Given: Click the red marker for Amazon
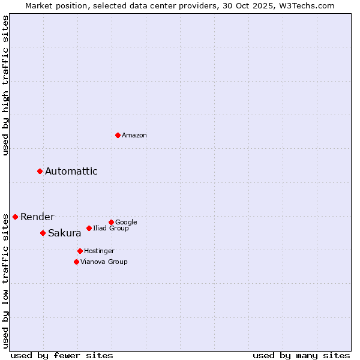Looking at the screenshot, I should coord(118,135).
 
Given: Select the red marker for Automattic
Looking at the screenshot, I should coord(40,172).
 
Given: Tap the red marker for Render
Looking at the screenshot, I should coord(15,217).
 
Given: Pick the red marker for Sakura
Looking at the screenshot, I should coord(43,233).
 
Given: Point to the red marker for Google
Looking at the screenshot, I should coord(111,222).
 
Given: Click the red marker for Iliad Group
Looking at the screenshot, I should coord(89,228).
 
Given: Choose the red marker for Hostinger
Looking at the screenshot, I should coord(80,251).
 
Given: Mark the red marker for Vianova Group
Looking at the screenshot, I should coord(76,262).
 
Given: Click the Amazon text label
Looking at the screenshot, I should coord(134,136).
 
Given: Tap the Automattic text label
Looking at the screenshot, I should coord(71,172).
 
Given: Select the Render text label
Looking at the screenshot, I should coord(37,217).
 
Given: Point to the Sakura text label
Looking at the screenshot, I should coord(65,233).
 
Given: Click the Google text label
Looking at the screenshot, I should coord(126,223).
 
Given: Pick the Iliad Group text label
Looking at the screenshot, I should coord(111,229).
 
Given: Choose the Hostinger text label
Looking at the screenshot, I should coord(99,251).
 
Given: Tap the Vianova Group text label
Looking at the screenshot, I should coord(104,262).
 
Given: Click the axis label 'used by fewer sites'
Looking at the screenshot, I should coord(62,355).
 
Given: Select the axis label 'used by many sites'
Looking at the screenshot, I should coord(301,355).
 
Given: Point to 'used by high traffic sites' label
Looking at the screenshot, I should coord(6,85).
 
